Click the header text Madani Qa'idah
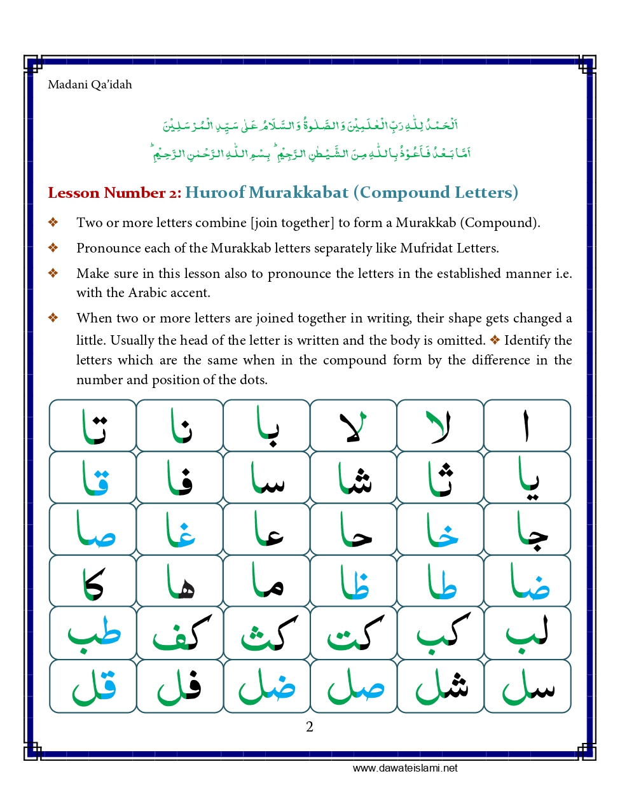click(x=90, y=85)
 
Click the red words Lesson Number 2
click(x=114, y=193)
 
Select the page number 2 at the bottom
click(x=310, y=727)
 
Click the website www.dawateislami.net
click(x=405, y=768)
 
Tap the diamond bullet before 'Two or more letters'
click(x=53, y=223)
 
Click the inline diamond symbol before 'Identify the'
click(x=495, y=340)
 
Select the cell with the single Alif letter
click(x=527, y=426)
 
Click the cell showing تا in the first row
click(x=93, y=426)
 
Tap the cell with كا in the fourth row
click(x=93, y=581)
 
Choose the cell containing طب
click(x=93, y=633)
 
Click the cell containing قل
click(x=93, y=686)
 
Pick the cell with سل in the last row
click(x=527, y=686)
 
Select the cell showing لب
click(x=527, y=633)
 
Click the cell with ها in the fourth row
click(x=180, y=581)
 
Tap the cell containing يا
click(x=527, y=477)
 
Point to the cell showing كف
click(x=180, y=633)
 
